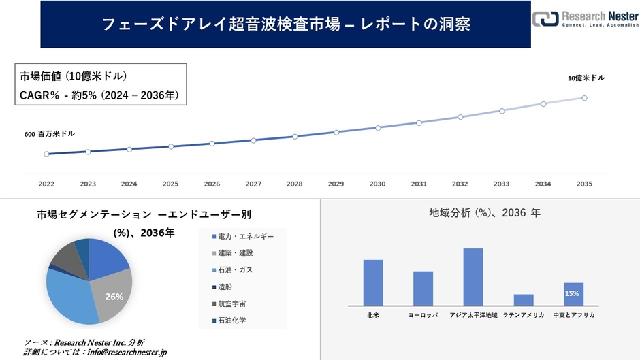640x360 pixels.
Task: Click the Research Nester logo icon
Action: click(545, 18)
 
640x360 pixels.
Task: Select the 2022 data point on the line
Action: click(46, 154)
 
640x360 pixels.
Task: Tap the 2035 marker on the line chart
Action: click(584, 98)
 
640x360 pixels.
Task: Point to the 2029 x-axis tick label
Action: click(336, 184)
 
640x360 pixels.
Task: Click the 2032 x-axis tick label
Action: click(460, 184)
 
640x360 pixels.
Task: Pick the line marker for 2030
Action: click(377, 127)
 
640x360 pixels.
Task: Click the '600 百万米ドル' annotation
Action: click(50, 134)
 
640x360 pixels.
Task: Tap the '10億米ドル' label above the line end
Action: click(586, 78)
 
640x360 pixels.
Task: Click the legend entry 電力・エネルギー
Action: click(244, 236)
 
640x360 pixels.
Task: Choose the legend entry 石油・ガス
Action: click(235, 270)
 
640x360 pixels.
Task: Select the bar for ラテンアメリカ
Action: click(524, 299)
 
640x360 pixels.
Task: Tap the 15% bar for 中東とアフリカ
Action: click(573, 293)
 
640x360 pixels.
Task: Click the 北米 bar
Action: click(373, 282)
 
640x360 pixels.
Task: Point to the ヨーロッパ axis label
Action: click(423, 316)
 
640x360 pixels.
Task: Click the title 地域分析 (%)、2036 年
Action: click(484, 213)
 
